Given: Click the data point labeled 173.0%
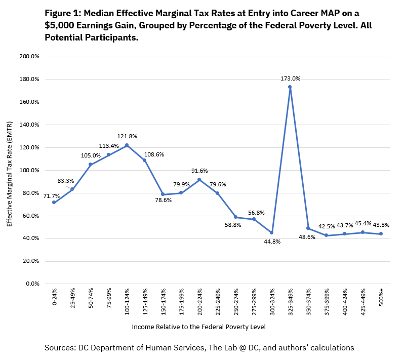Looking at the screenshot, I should point(290,87).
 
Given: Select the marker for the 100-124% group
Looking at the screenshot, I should point(127,145).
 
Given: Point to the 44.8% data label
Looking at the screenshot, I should point(272,242).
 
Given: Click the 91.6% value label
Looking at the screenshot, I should point(199,171).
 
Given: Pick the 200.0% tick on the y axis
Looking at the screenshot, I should point(29,56).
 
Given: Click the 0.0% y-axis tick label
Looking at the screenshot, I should point(31,284).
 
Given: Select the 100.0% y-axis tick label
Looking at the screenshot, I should point(29,170).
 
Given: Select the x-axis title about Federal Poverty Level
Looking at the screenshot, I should point(198,327).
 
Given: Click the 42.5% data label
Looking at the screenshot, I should point(326,226).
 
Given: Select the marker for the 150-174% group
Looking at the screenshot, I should point(163,194).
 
